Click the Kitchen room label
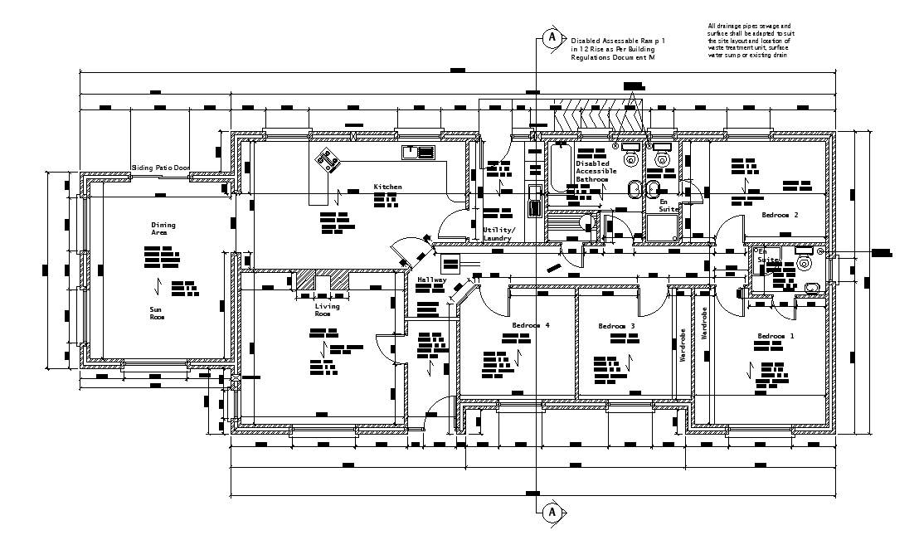point(387,187)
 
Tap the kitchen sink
point(419,152)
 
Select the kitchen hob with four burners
point(325,159)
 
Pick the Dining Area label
point(163,229)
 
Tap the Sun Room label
point(157,313)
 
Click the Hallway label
point(432,280)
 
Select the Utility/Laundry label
point(498,234)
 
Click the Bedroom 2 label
point(780,216)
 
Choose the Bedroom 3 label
point(616,327)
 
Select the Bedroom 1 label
point(776,337)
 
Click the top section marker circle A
point(550,38)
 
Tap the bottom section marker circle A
point(550,513)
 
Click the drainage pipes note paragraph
point(749,41)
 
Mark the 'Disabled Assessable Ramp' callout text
point(618,50)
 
